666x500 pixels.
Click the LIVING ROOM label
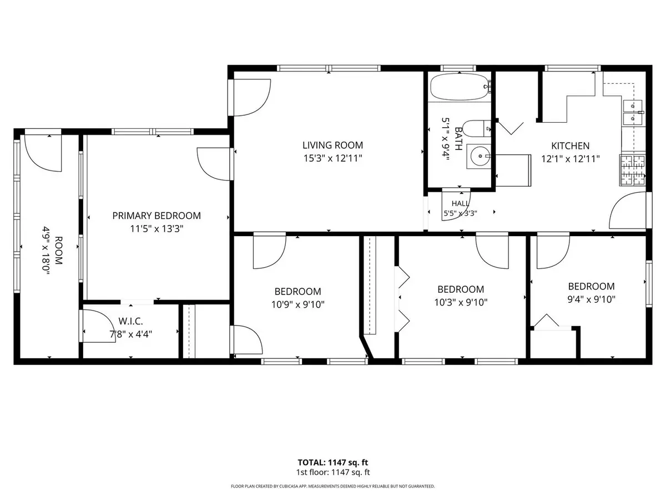pyautogui.click(x=332, y=145)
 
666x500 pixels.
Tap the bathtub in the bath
pyautogui.click(x=459, y=87)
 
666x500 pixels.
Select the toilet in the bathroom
pyautogui.click(x=476, y=129)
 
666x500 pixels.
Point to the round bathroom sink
pyautogui.click(x=479, y=156)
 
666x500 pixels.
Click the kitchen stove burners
pyautogui.click(x=632, y=170)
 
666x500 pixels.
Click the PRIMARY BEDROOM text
pyautogui.click(x=157, y=216)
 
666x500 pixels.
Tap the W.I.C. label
pyautogui.click(x=130, y=321)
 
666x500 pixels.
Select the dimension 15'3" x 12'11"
pyautogui.click(x=333, y=158)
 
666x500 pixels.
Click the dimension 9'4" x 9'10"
pyautogui.click(x=592, y=299)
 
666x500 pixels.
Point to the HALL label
pyautogui.click(x=460, y=203)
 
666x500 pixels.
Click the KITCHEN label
pyautogui.click(x=570, y=146)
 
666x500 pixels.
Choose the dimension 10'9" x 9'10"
pyautogui.click(x=297, y=304)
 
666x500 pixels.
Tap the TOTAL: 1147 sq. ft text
pyautogui.click(x=332, y=462)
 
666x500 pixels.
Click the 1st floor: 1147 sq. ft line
pyautogui.click(x=333, y=472)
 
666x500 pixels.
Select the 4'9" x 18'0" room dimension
pyautogui.click(x=46, y=251)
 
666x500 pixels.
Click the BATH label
pyautogui.click(x=458, y=139)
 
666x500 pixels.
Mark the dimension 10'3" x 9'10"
pyautogui.click(x=461, y=302)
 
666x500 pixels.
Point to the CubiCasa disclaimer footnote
pyautogui.click(x=333, y=486)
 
